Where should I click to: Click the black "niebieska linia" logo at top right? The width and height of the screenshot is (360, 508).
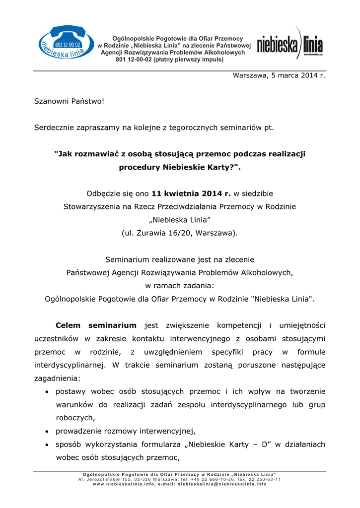(289, 45)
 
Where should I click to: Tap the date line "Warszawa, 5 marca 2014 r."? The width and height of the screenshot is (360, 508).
(279, 75)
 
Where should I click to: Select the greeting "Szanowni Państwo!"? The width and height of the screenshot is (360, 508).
(69, 101)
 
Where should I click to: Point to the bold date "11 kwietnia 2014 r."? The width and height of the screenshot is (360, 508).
(191, 193)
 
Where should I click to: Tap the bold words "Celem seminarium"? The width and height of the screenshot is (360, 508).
(96, 325)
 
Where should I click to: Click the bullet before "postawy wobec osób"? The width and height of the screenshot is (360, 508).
(46, 392)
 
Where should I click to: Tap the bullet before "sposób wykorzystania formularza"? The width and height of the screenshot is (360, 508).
(46, 445)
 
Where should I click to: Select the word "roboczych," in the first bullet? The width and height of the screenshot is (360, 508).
(75, 418)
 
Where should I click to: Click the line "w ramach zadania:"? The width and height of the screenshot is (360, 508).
(180, 286)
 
